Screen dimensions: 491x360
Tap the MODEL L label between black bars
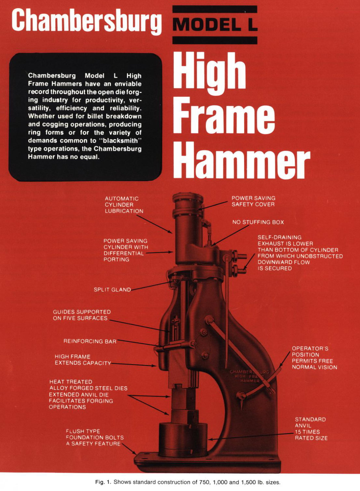tap(215, 25)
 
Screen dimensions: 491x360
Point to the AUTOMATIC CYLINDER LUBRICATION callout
tap(124, 205)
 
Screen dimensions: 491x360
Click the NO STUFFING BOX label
tap(258, 222)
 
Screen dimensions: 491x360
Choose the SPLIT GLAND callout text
tap(112, 290)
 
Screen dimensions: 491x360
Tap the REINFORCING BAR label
tap(90, 341)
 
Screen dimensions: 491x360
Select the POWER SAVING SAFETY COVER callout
tap(253, 201)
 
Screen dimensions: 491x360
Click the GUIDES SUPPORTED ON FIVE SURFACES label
tap(82, 315)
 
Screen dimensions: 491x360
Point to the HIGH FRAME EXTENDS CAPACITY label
tap(83, 360)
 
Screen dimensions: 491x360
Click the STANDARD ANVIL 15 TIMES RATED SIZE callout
tap(311, 429)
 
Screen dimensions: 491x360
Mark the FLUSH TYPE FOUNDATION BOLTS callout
tap(94, 437)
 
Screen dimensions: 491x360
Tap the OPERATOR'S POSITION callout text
tap(314, 358)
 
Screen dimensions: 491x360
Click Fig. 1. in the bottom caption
tap(103, 482)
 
